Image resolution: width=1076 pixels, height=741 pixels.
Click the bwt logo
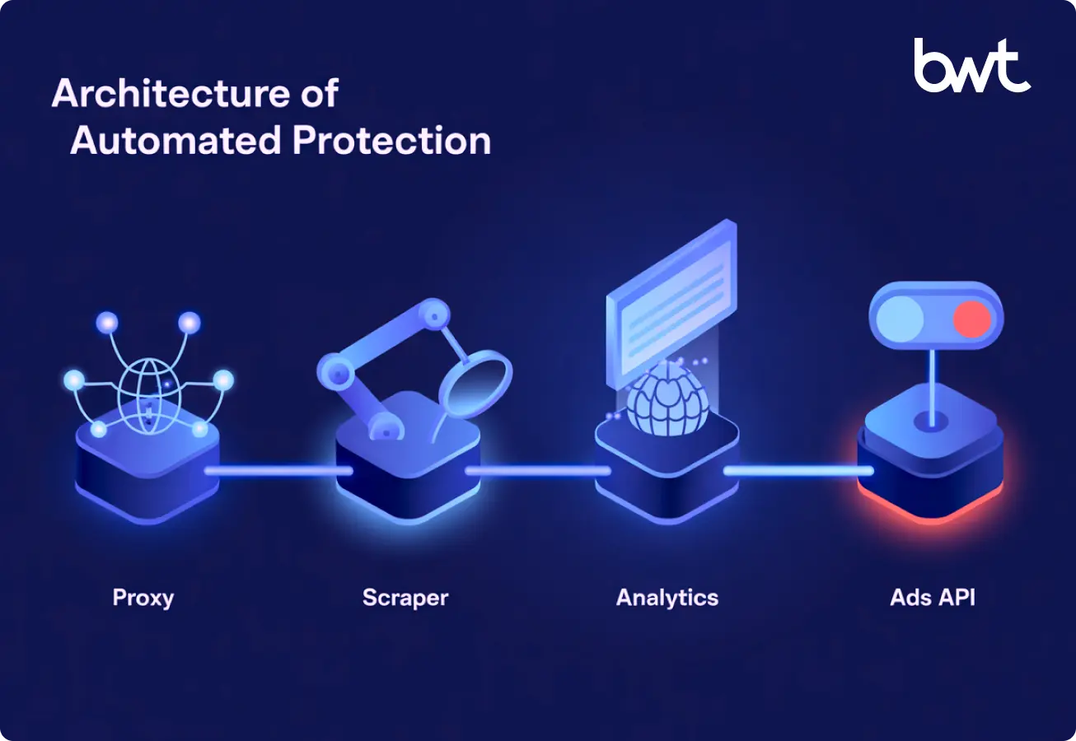(x=971, y=65)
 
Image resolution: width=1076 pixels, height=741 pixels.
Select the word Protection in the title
(x=391, y=141)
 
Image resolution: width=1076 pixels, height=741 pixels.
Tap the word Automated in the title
(x=175, y=141)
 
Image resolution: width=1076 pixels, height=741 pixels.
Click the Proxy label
(x=143, y=597)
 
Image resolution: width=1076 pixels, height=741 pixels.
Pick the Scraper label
(x=405, y=597)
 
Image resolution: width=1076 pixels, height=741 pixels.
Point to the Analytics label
(x=667, y=597)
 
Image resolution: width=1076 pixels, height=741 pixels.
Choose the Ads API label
(x=933, y=597)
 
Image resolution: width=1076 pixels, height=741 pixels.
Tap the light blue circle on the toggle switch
(x=902, y=319)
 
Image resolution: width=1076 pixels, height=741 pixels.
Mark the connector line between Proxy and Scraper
(x=278, y=471)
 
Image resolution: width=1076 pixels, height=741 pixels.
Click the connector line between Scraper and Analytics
(x=537, y=471)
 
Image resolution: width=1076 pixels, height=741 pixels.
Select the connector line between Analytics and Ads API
(x=798, y=471)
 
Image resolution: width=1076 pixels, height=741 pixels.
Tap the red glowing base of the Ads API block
(x=931, y=502)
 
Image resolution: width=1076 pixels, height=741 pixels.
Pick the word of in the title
(x=314, y=94)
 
